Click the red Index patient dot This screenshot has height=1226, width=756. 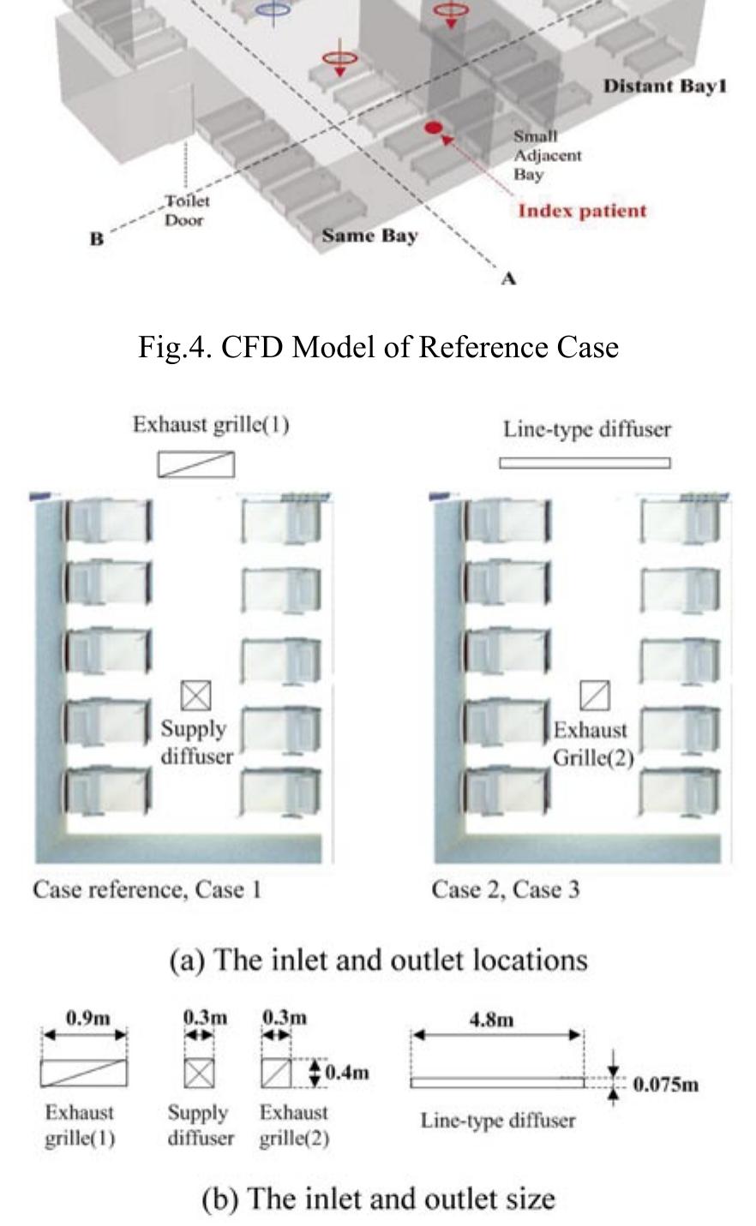pyautogui.click(x=434, y=128)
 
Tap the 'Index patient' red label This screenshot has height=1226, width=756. pyautogui.click(x=582, y=211)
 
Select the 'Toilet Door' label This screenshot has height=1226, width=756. pyautogui.click(x=186, y=210)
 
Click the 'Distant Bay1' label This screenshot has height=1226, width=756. pyautogui.click(x=664, y=87)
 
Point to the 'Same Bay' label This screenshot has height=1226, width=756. pyautogui.click(x=369, y=235)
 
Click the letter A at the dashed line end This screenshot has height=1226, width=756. pyautogui.click(x=508, y=278)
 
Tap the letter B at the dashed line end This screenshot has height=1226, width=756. pyautogui.click(x=96, y=239)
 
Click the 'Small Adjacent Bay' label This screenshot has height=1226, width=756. pyautogui.click(x=547, y=155)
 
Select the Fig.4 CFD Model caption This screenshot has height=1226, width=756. pyautogui.click(x=378, y=347)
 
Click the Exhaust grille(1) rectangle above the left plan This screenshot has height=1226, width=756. pyautogui.click(x=195, y=464)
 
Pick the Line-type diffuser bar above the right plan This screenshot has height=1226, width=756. pyautogui.click(x=585, y=463)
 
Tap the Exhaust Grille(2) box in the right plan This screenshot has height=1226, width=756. pyautogui.click(x=595, y=696)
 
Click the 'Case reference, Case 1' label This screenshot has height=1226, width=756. pyautogui.click(x=147, y=889)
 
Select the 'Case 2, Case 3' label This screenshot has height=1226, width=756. pyautogui.click(x=505, y=889)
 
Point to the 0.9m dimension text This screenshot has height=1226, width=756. pyautogui.click(x=87, y=1018)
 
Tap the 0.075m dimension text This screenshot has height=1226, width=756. pyautogui.click(x=666, y=1085)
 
